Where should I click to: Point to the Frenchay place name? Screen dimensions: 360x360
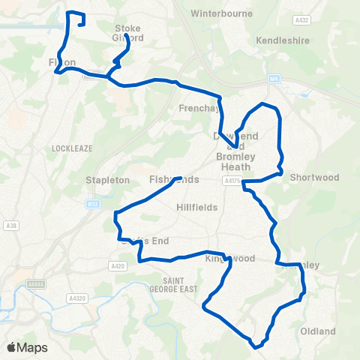click(x=197, y=108)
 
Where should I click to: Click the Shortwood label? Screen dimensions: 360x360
click(x=315, y=178)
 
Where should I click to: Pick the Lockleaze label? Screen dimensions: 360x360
click(x=72, y=148)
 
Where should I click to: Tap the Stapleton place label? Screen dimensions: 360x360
click(x=109, y=180)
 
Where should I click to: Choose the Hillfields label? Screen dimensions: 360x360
click(x=197, y=207)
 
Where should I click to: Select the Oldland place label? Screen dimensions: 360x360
click(x=318, y=331)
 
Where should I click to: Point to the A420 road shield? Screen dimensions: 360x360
click(x=116, y=265)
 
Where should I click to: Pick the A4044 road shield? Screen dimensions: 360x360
click(x=35, y=284)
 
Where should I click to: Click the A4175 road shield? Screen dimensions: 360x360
click(x=231, y=181)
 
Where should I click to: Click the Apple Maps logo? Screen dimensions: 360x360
click(x=27, y=347)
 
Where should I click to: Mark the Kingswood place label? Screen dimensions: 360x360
click(x=230, y=259)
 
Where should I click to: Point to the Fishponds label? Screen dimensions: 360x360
click(x=174, y=180)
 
